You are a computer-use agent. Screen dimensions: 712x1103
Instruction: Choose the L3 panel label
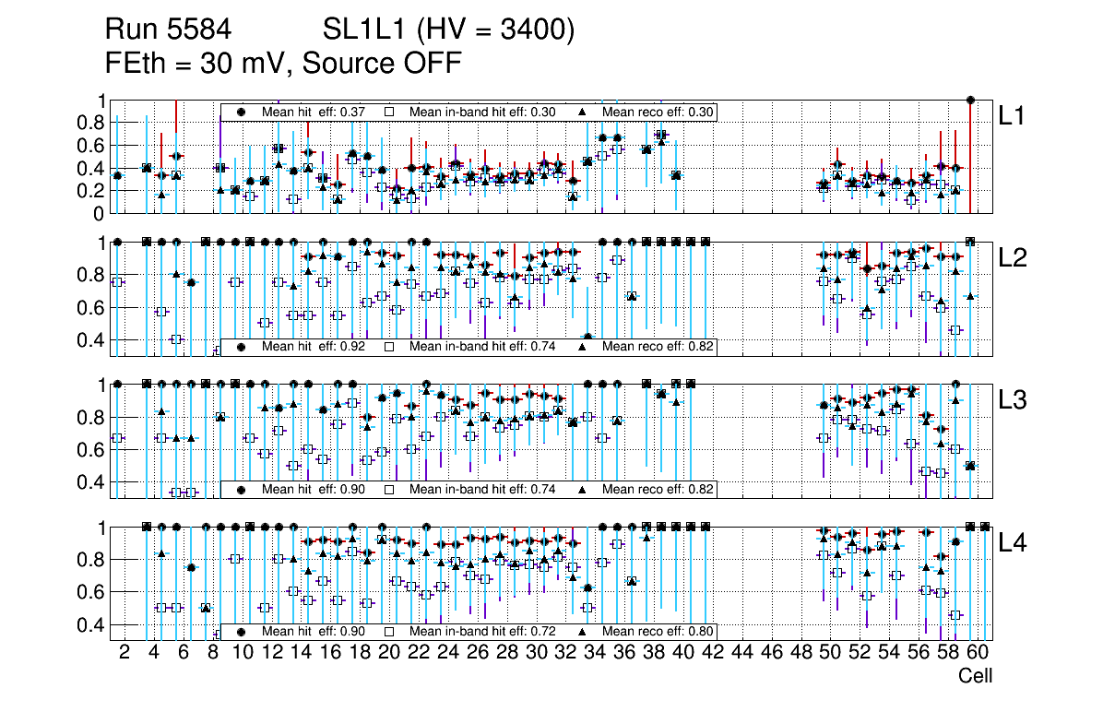click(1014, 399)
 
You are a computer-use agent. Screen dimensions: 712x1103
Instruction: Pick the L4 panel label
click(1014, 542)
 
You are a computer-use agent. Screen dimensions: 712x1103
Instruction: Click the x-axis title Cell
click(975, 676)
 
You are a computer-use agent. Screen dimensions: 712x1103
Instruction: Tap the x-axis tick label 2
click(125, 653)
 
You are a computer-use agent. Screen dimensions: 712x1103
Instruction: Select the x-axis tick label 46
click(770, 653)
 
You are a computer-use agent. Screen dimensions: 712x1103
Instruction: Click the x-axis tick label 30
click(536, 653)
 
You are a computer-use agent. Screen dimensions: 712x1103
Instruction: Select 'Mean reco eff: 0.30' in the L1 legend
click(658, 112)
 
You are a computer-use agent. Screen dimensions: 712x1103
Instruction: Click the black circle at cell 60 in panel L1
click(970, 100)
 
